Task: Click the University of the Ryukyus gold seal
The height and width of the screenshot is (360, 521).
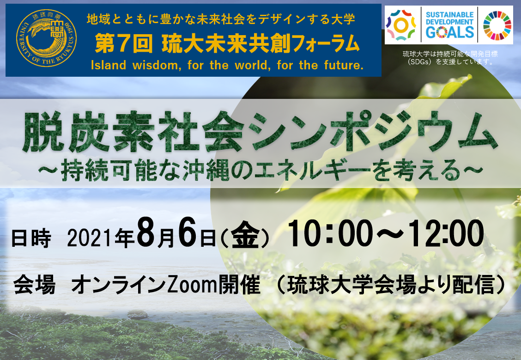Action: (x=46, y=38)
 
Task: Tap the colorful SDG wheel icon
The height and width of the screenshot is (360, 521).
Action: (x=497, y=25)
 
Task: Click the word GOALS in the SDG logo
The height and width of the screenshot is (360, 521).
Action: (x=449, y=32)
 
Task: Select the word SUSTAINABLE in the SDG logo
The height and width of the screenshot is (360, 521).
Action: (x=449, y=15)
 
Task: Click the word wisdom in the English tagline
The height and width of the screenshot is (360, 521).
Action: (x=157, y=65)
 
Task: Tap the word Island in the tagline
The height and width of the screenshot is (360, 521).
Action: (x=109, y=65)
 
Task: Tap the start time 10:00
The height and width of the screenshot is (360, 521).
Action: (x=331, y=233)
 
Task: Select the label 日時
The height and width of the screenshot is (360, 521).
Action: (x=31, y=238)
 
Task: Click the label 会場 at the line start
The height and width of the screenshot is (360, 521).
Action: (x=34, y=285)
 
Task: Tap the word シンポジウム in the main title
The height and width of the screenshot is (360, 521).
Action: (x=374, y=132)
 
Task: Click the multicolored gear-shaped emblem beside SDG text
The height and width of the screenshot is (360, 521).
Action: (x=401, y=25)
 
